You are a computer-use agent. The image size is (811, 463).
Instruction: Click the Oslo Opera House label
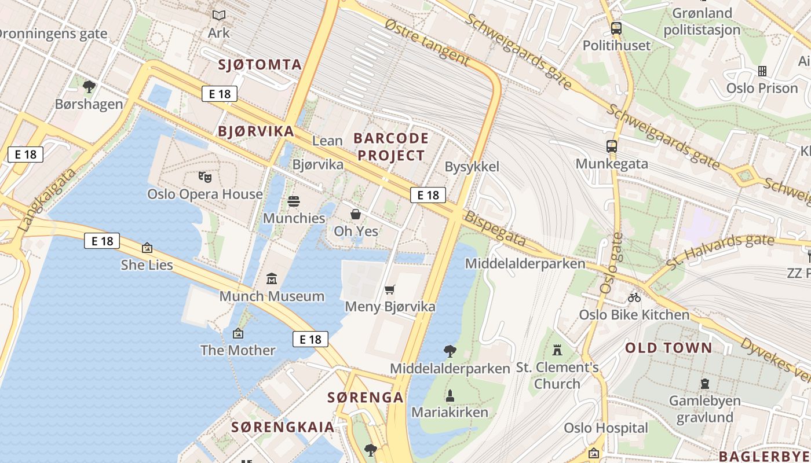(x=205, y=194)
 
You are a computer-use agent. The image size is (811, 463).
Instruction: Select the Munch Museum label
(x=272, y=296)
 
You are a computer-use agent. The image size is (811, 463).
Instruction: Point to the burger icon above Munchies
(x=294, y=201)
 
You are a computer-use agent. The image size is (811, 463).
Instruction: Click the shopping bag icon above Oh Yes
(x=356, y=214)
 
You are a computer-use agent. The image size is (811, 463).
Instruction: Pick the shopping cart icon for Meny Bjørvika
(x=390, y=289)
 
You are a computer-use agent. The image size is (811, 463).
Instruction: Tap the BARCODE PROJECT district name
(x=391, y=147)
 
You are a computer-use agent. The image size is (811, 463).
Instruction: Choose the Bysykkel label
(x=472, y=167)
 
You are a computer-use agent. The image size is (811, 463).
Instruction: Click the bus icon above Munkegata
(x=612, y=146)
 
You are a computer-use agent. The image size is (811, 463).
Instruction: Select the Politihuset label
(x=616, y=45)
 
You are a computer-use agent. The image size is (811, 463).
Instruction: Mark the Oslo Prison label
(x=762, y=89)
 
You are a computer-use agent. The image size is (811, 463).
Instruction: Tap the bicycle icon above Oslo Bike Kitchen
(x=634, y=297)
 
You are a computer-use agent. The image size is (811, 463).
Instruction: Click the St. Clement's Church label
(x=557, y=375)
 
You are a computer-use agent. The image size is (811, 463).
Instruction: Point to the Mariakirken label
(x=450, y=413)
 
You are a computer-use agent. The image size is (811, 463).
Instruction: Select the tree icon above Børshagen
(x=89, y=87)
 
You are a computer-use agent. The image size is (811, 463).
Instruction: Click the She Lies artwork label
(x=147, y=265)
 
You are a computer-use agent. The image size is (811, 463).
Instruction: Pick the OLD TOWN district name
(x=668, y=348)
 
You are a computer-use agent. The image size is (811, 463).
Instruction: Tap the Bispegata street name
(x=495, y=230)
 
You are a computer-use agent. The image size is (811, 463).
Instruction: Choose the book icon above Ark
(x=218, y=16)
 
